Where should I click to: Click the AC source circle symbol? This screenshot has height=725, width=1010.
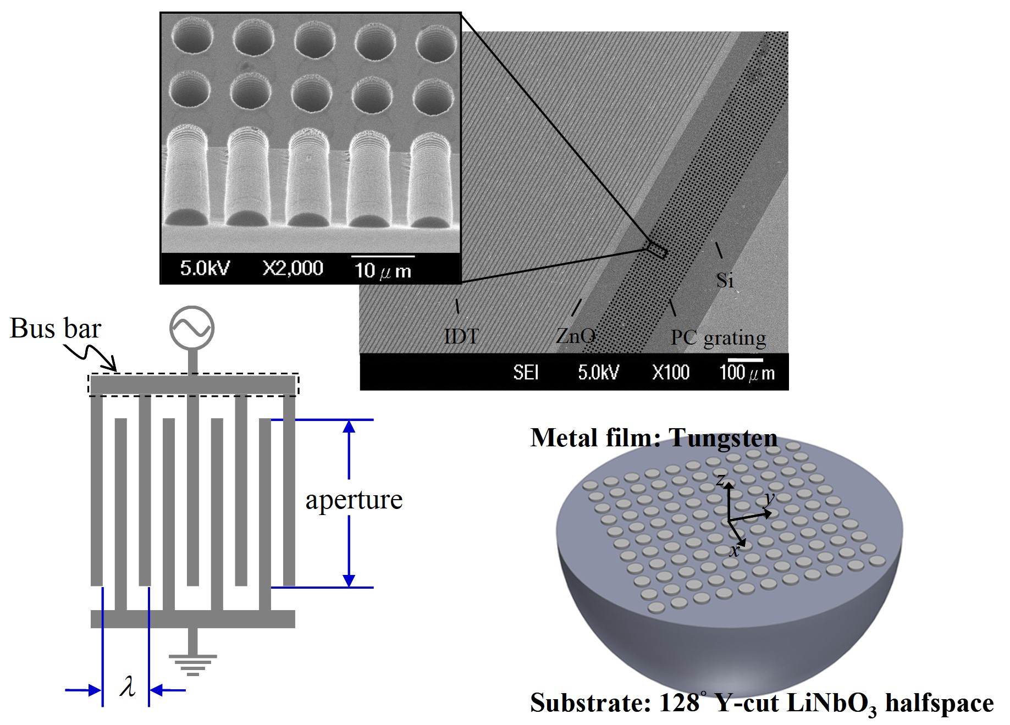192,328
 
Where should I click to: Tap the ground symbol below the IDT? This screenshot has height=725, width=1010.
192,664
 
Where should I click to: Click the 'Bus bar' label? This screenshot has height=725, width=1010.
56,329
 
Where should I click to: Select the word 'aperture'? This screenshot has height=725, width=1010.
354,500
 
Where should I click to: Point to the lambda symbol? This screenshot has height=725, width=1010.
127,687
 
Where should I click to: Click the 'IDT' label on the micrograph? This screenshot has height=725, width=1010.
461,336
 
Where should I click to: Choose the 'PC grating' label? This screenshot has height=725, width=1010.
718,337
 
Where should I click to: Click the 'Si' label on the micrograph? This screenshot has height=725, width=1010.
725,280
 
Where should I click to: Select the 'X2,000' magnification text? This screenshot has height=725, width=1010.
292,268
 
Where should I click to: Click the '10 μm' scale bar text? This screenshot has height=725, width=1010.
383,270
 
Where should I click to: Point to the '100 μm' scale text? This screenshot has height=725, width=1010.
747,373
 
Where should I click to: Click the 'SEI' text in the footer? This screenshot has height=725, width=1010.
525,373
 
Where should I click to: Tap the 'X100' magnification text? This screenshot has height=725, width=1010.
670,373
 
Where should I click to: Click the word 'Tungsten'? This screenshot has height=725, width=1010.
722,439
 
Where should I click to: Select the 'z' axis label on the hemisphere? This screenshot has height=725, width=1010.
720,480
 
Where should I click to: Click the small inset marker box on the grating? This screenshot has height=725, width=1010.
656,250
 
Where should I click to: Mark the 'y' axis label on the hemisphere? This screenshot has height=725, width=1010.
769,499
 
